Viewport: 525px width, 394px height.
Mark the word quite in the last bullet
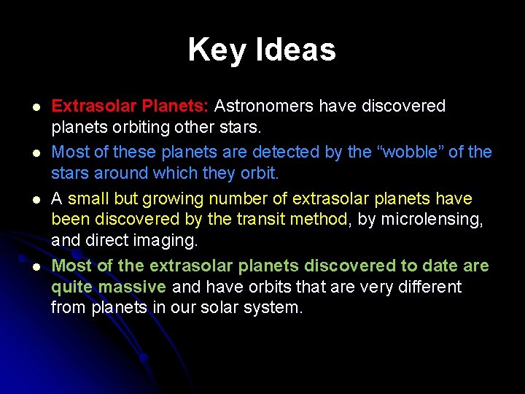point(72,287)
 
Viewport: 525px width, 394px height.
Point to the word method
point(323,220)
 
